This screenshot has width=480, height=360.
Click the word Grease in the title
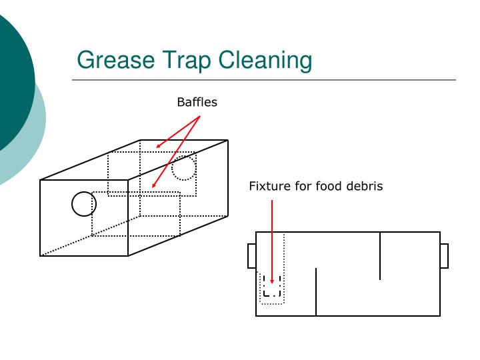(x=116, y=60)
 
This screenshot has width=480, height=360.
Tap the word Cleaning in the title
(x=265, y=61)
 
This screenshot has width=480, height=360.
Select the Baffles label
(x=197, y=102)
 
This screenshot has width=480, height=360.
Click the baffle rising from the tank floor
(x=316, y=292)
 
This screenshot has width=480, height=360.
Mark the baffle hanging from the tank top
(x=380, y=256)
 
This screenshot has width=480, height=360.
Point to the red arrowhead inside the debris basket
(x=272, y=281)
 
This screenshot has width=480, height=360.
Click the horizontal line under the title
(x=264, y=80)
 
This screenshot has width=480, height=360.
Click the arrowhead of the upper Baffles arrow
(x=159, y=146)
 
